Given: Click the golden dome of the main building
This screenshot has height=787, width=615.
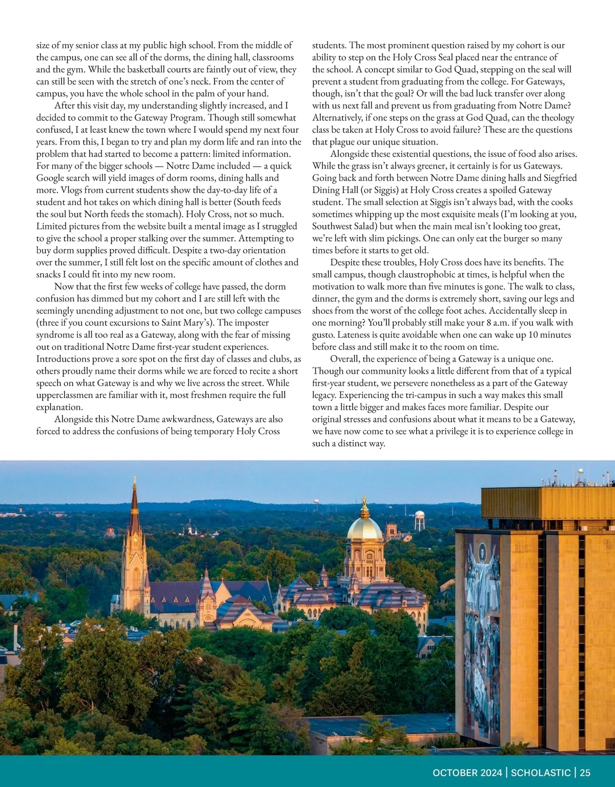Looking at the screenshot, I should [364, 529].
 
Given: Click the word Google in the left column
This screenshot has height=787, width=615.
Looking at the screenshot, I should [50, 178].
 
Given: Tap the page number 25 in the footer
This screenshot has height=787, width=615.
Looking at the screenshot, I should [585, 773].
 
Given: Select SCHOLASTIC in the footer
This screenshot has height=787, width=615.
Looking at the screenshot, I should [541, 773].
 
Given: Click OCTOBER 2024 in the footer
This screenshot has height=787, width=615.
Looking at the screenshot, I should [467, 773].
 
